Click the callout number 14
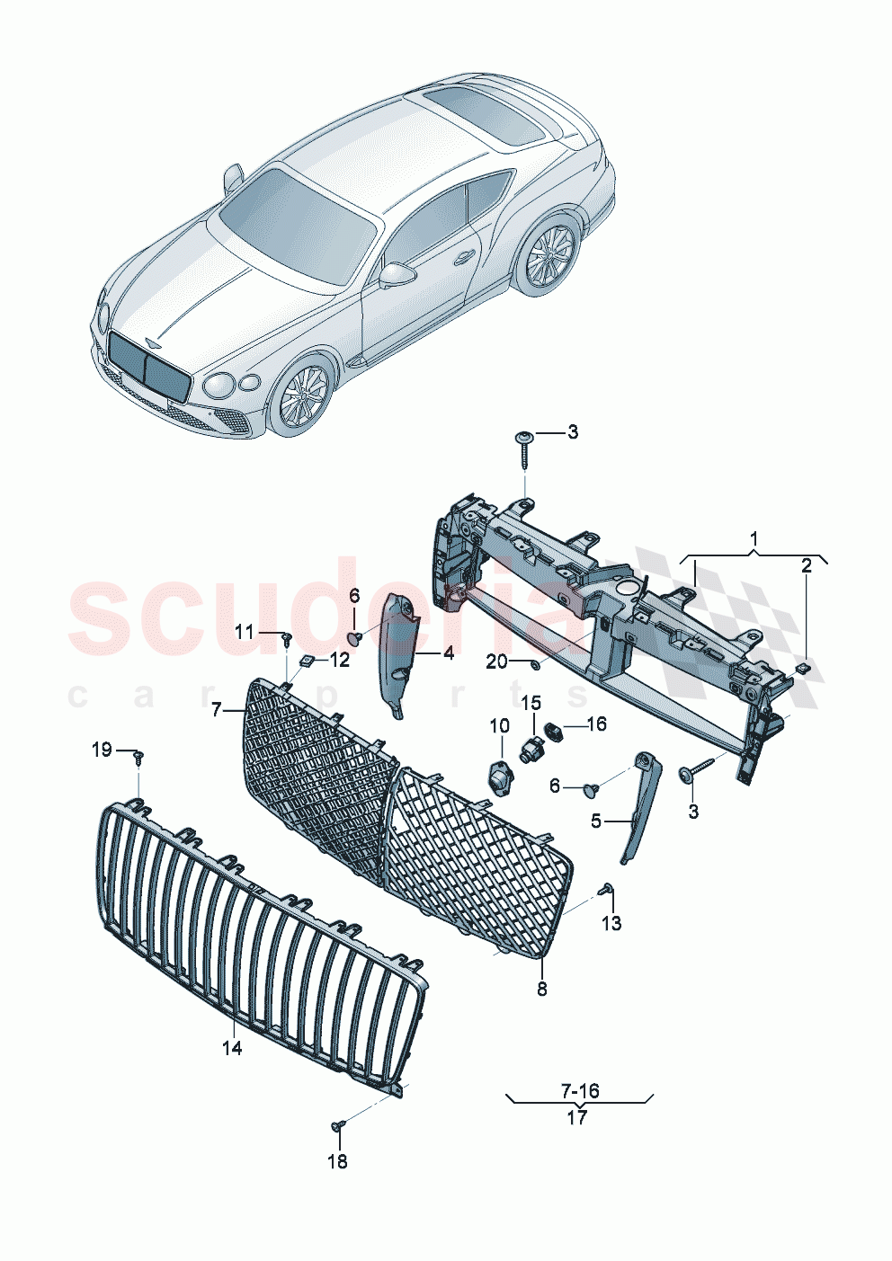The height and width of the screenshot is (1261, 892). point(232,1047)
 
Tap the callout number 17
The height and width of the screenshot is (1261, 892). point(577,1117)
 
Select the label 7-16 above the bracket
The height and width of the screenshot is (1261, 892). point(580,1091)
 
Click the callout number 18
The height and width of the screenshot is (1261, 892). point(336,1161)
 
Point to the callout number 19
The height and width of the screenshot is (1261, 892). point(102,750)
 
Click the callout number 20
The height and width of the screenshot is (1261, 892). point(496,662)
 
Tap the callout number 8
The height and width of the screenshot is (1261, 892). point(541,989)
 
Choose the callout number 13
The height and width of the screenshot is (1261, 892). point(611,923)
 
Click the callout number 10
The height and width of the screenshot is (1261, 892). point(499,725)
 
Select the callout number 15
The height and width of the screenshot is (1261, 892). point(531,702)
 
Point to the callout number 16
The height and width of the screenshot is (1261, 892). point(596,724)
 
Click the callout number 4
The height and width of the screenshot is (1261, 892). point(448,653)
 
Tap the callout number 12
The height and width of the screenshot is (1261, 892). point(339,661)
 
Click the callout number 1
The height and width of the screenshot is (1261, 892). point(754,539)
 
